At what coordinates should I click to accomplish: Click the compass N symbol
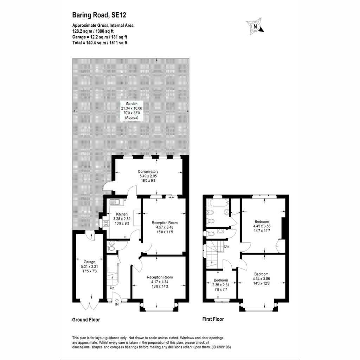255,26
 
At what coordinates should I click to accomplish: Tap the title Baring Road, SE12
99,15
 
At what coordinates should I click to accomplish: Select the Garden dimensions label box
131,111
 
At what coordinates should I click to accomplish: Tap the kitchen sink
117,202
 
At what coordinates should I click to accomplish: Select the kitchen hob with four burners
106,223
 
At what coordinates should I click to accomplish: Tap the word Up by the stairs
112,288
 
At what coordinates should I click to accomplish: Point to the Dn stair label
226,246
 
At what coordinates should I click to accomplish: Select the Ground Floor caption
86,320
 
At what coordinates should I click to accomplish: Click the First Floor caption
213,319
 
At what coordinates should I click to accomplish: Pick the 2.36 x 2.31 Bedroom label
221,285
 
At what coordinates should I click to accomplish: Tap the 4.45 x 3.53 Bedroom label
262,226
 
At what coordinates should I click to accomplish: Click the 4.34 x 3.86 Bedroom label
261,279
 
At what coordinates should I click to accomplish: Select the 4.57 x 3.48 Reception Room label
165,227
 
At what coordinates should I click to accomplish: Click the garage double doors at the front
89,306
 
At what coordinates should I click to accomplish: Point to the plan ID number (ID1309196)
221,347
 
